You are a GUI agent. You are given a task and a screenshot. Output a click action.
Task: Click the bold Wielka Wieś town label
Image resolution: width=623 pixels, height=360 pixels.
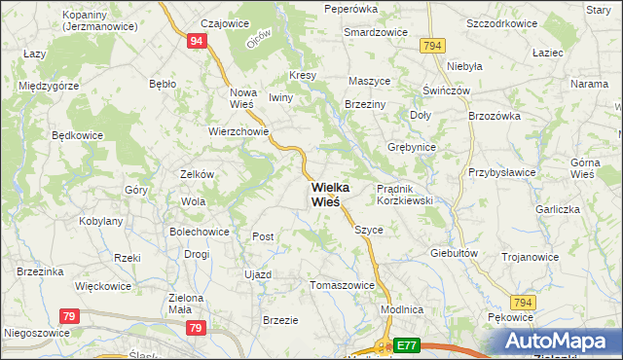coord(326,195)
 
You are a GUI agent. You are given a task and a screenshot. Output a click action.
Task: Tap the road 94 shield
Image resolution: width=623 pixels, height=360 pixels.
coord(197,41)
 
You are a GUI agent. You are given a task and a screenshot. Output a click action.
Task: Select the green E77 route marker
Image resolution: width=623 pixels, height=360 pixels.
coord(408,344)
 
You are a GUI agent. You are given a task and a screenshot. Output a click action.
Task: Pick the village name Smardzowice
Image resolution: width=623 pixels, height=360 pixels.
coord(375,31)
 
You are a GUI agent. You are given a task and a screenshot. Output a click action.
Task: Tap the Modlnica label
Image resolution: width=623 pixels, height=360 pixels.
coord(402,308)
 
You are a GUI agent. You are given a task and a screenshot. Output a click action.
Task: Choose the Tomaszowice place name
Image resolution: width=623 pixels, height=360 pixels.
coord(342,285)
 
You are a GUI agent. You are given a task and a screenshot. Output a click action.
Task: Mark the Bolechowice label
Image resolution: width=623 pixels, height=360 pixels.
coord(199,232)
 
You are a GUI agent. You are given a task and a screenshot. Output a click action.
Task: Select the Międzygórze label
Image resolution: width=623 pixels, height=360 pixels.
coord(49,86)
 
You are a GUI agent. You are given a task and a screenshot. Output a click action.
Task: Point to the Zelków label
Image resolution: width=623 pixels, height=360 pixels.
coord(197,174)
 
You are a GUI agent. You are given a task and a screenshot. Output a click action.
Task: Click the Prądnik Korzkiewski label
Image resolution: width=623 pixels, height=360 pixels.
coord(404,194)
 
